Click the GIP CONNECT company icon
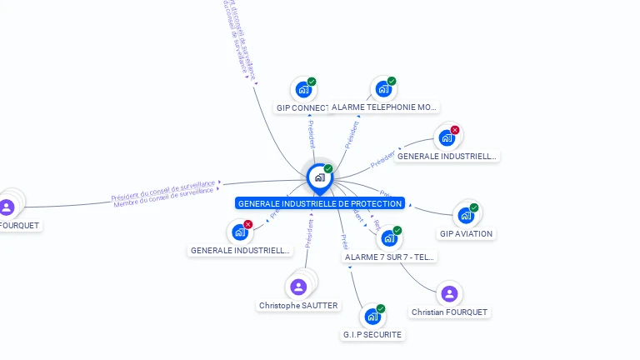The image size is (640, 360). click(x=303, y=89)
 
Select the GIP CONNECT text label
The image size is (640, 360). click(x=302, y=107)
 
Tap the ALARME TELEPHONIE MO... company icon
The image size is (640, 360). click(x=383, y=88)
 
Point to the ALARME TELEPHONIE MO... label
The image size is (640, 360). click(x=384, y=107)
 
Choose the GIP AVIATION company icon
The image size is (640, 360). click(x=466, y=215)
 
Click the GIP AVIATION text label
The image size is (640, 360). click(x=466, y=234)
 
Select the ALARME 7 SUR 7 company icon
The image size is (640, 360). click(x=389, y=238)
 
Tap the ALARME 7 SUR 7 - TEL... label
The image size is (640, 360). click(x=389, y=257)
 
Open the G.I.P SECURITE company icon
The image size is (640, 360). click(x=372, y=317)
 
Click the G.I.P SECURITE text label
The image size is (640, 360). click(x=372, y=335)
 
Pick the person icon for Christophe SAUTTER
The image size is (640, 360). click(x=298, y=287)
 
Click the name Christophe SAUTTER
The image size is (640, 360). click(x=298, y=306)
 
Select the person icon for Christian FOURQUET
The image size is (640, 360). click(x=449, y=293)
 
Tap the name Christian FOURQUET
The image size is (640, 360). click(x=450, y=312)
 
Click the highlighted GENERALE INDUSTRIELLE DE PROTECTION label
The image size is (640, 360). click(x=320, y=203)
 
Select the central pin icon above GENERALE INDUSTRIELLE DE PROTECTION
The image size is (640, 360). click(x=319, y=177)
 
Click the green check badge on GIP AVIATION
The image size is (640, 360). click(x=474, y=207)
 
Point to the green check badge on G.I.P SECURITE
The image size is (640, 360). click(x=381, y=309)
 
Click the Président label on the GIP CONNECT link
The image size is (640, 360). click(x=311, y=136)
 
